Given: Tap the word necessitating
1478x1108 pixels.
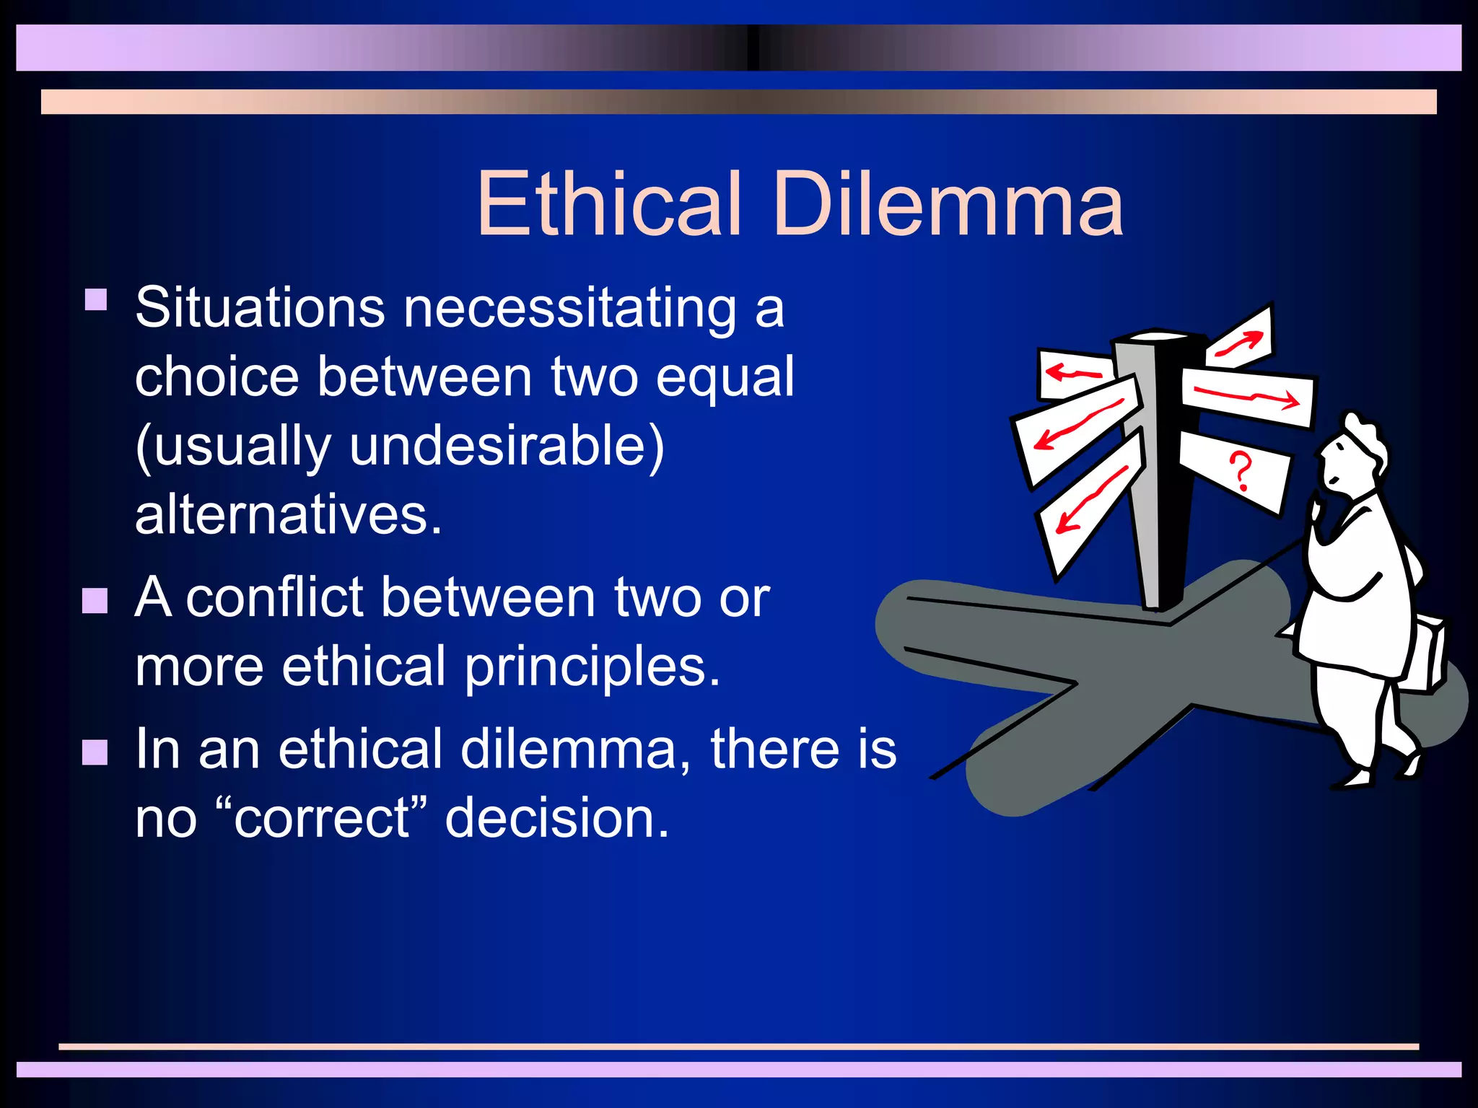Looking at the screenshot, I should (569, 308).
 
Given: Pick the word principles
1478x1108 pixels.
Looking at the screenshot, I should (592, 667).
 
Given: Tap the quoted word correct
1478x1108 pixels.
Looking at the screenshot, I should (320, 818).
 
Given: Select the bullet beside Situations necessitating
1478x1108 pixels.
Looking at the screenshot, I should (96, 299).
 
